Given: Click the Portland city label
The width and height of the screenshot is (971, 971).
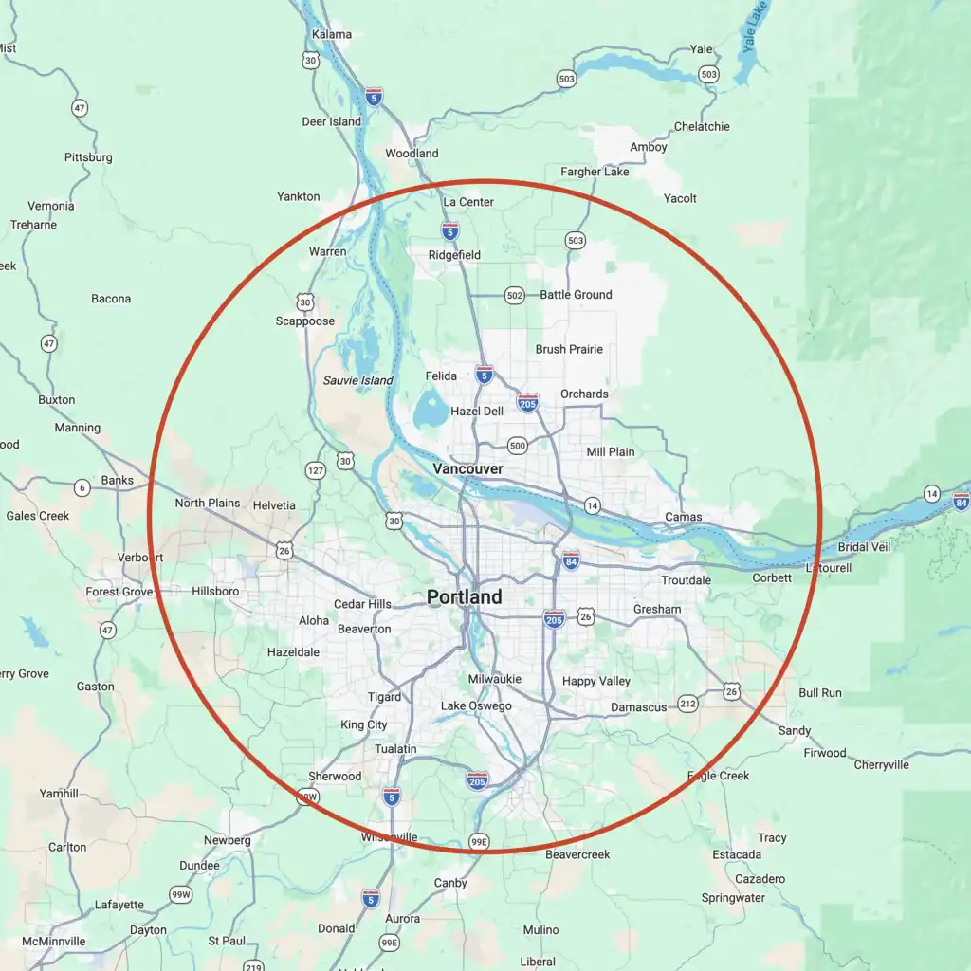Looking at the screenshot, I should pyautogui.click(x=464, y=597).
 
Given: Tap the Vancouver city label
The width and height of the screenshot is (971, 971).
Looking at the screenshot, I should pyautogui.click(x=467, y=468).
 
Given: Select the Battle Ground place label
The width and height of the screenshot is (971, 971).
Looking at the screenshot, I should pyautogui.click(x=576, y=295).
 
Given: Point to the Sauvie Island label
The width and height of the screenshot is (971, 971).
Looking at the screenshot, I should pyautogui.click(x=357, y=380).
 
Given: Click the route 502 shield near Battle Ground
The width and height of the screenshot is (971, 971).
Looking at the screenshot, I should pyautogui.click(x=514, y=296).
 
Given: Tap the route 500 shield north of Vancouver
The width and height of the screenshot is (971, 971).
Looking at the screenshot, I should pyautogui.click(x=517, y=445).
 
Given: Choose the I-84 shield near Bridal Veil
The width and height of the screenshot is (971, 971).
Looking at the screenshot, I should pyautogui.click(x=961, y=501).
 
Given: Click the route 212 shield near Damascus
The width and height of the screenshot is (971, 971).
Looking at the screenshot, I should pyautogui.click(x=687, y=704).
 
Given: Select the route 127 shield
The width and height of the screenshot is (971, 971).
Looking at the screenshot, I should pyautogui.click(x=316, y=470).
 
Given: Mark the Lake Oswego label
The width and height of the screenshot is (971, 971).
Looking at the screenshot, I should pyautogui.click(x=476, y=706).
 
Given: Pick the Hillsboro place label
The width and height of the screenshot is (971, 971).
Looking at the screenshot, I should pyautogui.click(x=215, y=592).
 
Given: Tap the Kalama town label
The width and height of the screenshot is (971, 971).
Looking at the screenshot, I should pyautogui.click(x=331, y=35).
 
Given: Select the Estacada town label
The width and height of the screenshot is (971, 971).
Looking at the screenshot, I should pyautogui.click(x=737, y=854).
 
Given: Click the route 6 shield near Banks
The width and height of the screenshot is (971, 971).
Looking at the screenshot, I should pyautogui.click(x=82, y=488).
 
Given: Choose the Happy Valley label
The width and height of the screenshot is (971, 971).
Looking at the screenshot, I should pyautogui.click(x=595, y=681).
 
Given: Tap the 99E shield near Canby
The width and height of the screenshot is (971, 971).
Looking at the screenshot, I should pyautogui.click(x=479, y=841).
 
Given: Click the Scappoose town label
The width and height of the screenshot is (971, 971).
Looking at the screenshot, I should pyautogui.click(x=304, y=321).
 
